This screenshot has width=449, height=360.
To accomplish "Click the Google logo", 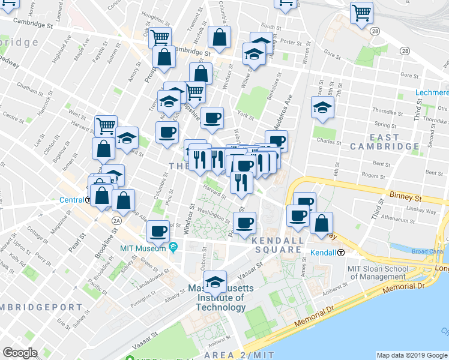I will (x=20, y=352).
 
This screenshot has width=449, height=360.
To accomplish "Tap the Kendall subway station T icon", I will (x=341, y=253).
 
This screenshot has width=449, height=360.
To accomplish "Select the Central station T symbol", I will (x=89, y=200).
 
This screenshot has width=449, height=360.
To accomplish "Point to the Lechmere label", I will (x=432, y=93).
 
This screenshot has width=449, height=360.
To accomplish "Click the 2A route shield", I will (x=116, y=221).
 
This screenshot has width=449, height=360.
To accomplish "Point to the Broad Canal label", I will (x=427, y=251).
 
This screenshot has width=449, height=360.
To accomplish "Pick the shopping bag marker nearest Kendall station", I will (x=322, y=223).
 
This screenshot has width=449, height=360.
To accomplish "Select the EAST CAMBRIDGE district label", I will (x=384, y=142).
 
